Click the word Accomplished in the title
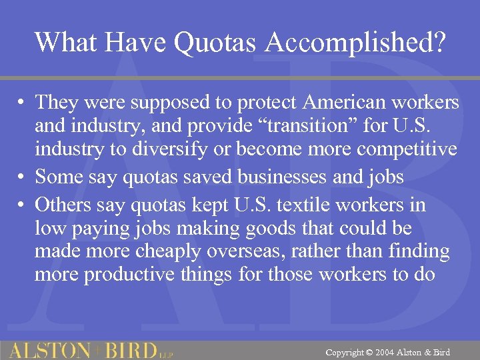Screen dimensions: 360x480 pyautogui.click(x=356, y=42)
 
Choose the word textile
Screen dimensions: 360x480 pyautogui.click(x=316, y=204)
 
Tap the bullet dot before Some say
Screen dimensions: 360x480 pyautogui.click(x=23, y=177)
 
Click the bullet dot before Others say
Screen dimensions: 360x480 pyautogui.click(x=23, y=205)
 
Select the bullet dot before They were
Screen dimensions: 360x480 pyautogui.click(x=23, y=103)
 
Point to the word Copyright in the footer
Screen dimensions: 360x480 pyautogui.click(x=345, y=351)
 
